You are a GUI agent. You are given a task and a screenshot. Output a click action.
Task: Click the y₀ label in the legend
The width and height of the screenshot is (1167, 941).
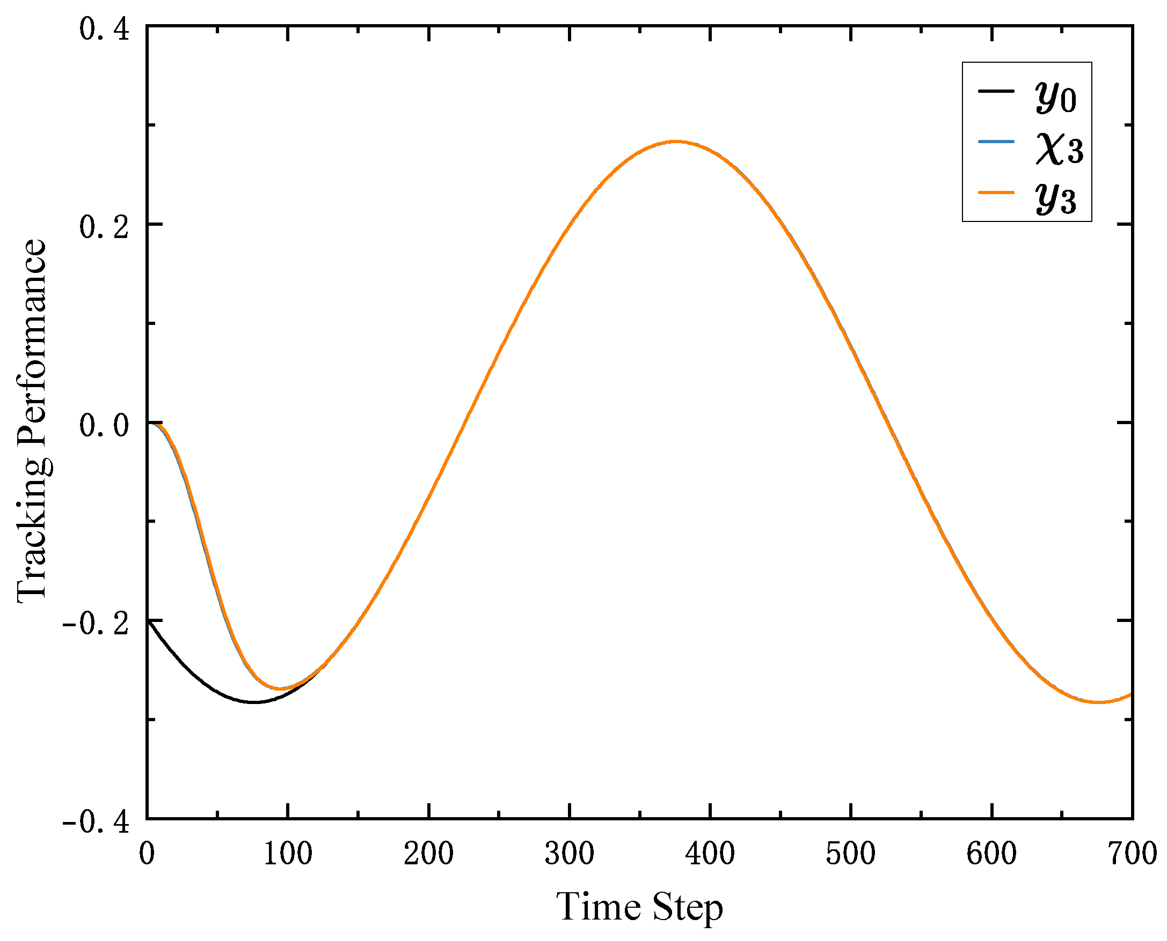point(1056,97)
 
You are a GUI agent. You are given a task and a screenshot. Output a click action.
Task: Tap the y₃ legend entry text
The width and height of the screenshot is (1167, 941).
point(1056,198)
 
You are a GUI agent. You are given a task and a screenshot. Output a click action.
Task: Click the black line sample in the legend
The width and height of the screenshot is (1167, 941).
point(996,91)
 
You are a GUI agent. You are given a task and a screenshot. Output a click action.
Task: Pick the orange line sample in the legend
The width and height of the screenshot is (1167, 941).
point(996,192)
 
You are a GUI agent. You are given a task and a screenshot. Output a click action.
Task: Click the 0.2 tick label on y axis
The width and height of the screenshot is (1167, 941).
point(104,227)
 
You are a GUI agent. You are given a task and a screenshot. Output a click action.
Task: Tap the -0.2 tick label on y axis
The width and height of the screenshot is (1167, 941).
point(96,624)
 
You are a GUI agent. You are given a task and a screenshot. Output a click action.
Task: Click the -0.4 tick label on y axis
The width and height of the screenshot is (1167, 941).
point(96,822)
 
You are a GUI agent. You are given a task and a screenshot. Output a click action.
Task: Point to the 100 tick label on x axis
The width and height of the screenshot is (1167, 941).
point(288,853)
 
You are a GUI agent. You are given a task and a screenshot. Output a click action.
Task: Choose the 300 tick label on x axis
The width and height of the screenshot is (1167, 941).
point(569,853)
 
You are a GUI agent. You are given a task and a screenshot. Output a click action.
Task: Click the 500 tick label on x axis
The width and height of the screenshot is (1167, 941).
point(850,853)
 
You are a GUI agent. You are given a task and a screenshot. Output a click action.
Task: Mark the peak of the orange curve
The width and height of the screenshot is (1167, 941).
point(675,142)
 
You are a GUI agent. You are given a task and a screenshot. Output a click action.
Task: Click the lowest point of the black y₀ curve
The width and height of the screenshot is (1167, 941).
point(254,702)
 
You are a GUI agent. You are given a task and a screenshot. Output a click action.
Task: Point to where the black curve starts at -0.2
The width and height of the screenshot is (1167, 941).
point(148,621)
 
